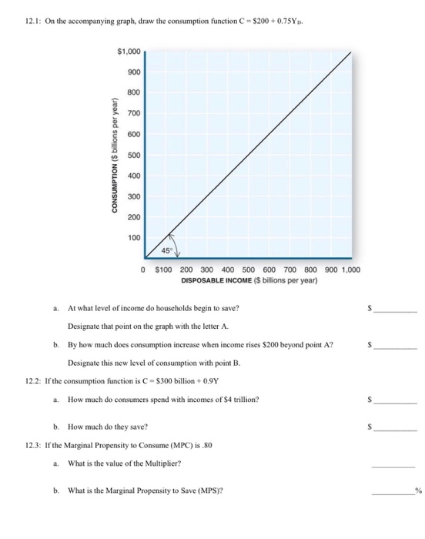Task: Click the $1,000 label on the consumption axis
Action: [129, 52]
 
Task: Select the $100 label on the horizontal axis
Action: [164, 270]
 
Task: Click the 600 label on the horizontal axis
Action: [269, 270]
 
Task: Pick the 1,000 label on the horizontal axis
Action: [350, 270]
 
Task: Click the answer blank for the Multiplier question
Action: [394, 464]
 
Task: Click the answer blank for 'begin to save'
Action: [398, 308]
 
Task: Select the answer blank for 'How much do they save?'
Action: [398, 426]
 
